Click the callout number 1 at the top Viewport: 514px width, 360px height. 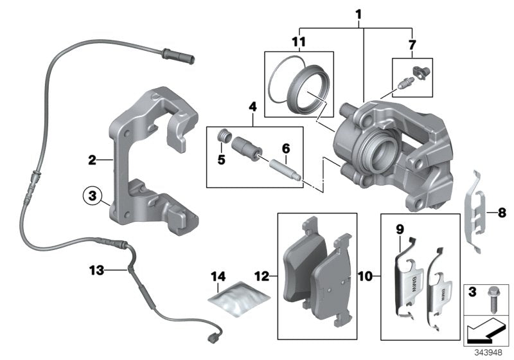click(359, 14)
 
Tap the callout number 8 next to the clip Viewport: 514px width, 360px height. click(502, 210)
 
